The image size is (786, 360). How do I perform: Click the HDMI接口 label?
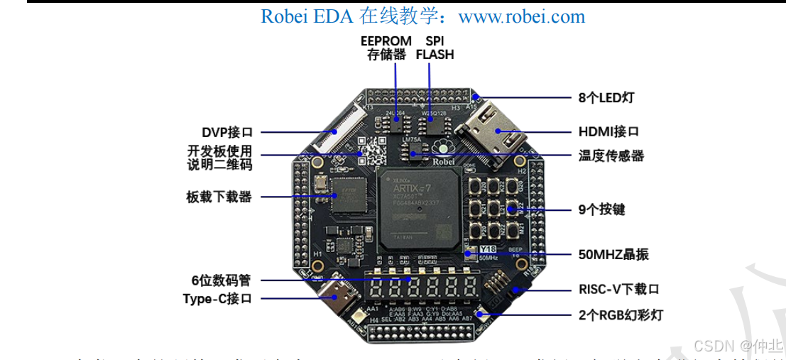coord(608,131)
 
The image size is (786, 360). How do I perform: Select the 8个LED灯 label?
coord(604,97)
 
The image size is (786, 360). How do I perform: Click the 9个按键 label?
coord(601,209)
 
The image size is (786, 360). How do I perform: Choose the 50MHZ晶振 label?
coord(613,254)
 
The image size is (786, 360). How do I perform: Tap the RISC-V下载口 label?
coord(619,290)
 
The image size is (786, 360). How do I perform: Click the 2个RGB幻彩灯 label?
coord(622,314)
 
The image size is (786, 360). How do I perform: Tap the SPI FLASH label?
coord(435,48)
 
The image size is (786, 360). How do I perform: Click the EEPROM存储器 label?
coord(383,48)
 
